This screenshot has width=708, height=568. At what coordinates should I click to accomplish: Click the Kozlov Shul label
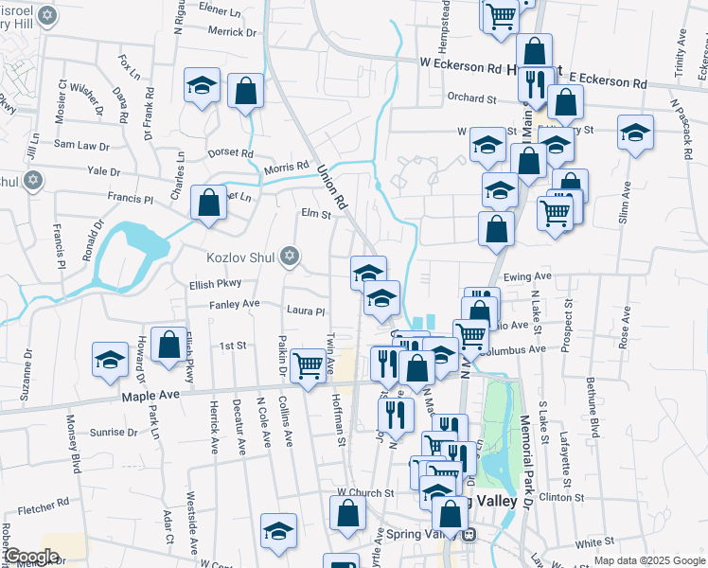pyautogui.click(x=241, y=257)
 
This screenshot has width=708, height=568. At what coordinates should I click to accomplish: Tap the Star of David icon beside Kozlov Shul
pyautogui.click(x=289, y=257)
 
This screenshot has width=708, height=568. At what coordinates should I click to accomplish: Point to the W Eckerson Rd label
pyautogui.click(x=461, y=68)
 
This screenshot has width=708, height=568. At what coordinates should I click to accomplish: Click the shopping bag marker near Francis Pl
pyautogui.click(x=208, y=202)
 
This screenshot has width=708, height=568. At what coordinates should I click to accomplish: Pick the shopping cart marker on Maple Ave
pyautogui.click(x=308, y=364)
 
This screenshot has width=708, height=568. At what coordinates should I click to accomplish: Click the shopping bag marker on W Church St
pyautogui.click(x=347, y=513)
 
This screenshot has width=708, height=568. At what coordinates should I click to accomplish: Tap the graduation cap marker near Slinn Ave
pyautogui.click(x=635, y=132)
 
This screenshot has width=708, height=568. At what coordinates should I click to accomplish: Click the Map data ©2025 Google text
pyautogui.click(x=649, y=561)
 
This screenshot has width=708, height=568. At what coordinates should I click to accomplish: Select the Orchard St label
pyautogui.click(x=471, y=98)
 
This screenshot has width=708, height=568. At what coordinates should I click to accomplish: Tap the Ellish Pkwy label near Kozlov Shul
pyautogui.click(x=215, y=282)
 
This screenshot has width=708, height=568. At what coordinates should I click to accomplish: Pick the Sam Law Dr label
pyautogui.click(x=81, y=145)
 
